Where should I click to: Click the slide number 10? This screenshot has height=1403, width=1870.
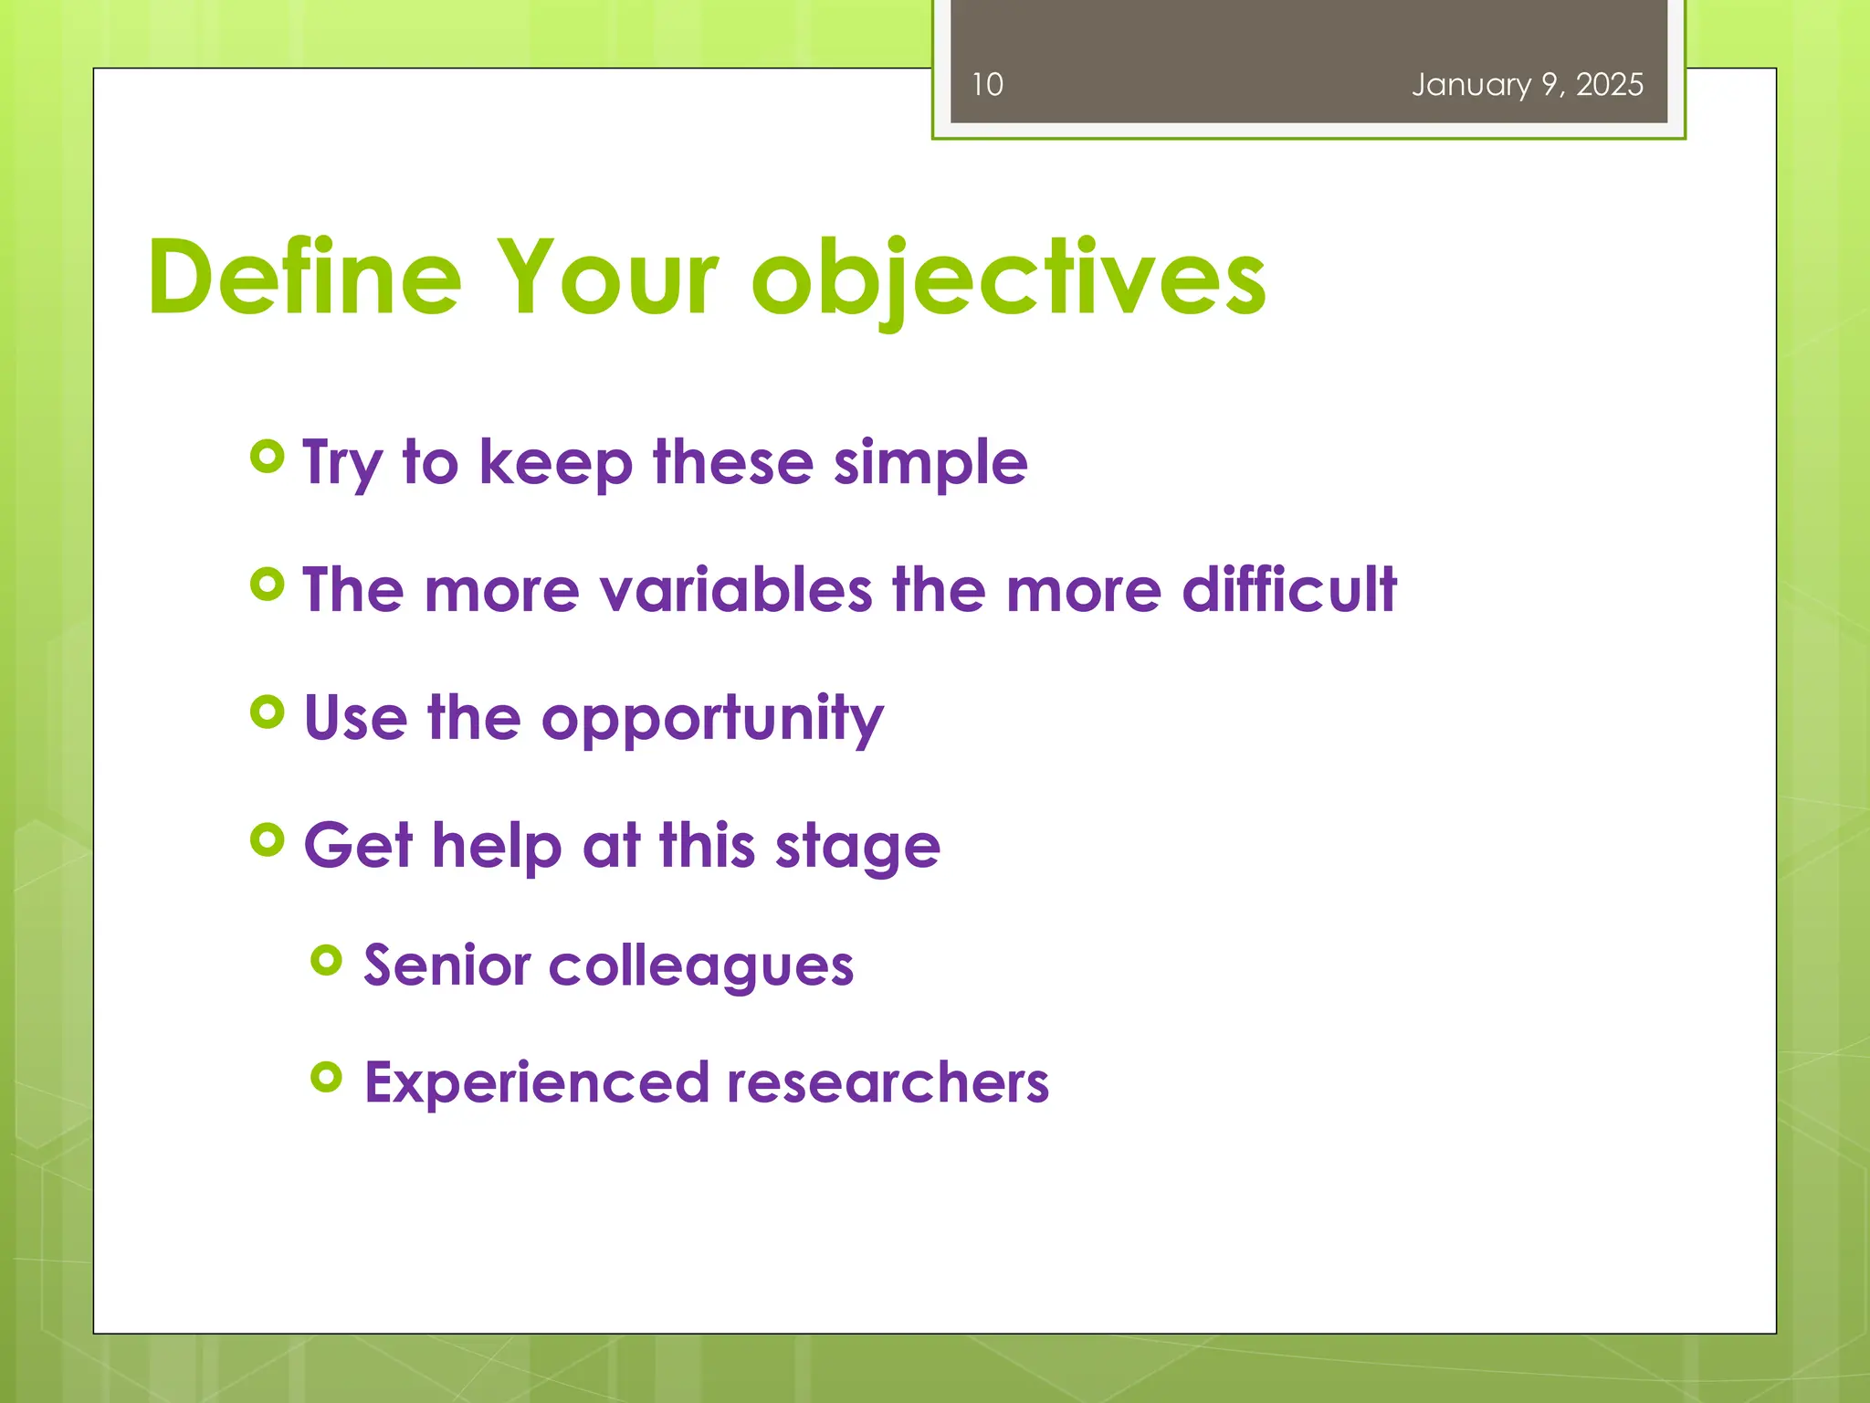986,85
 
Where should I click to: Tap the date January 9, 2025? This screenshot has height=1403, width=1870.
1527,85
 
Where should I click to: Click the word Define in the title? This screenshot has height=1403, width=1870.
305,278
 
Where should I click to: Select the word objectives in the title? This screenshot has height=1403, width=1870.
1008,278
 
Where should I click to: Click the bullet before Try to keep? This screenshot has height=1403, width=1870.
267,456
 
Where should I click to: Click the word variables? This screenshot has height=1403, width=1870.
736,590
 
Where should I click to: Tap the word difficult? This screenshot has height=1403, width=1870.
1288,590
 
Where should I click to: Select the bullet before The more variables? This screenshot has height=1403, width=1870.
267,584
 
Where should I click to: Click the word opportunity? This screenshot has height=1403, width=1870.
712,720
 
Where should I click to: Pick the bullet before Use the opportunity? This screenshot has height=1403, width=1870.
267,712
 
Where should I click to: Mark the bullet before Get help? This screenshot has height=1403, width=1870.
267,839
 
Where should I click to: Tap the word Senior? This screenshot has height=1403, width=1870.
446,965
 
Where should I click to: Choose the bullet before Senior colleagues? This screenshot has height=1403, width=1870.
326,960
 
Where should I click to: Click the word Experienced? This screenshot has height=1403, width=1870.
536,1084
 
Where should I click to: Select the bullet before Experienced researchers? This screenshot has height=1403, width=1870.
326,1077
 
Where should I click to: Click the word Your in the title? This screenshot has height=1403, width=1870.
606,278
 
